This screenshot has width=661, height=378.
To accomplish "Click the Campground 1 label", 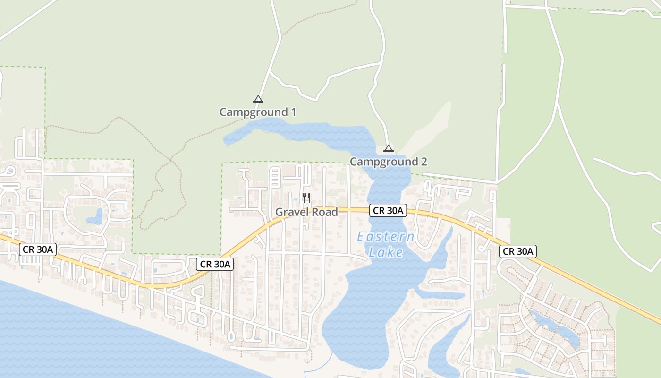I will [258, 112].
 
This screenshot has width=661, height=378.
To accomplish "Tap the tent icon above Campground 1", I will [258, 99].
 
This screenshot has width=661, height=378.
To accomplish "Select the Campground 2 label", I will [388, 162].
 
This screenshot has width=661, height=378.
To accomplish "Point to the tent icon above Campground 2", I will [388, 149].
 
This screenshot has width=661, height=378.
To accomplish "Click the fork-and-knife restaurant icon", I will [306, 198].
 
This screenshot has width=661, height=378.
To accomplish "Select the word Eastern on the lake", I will [385, 237].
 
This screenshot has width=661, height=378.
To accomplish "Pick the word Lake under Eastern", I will [386, 253].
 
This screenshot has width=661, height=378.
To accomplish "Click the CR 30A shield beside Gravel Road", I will [388, 211].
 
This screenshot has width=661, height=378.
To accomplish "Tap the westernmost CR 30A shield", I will [38, 249].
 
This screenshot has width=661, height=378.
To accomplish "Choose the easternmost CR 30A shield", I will [517, 251].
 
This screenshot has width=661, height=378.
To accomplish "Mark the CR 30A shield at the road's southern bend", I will [215, 264].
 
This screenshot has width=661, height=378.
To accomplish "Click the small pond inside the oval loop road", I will [96, 217].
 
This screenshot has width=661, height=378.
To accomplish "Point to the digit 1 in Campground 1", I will [293, 112].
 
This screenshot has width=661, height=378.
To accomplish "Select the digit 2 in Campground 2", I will [424, 162].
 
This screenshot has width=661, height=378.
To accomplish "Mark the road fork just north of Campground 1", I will [269, 72].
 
